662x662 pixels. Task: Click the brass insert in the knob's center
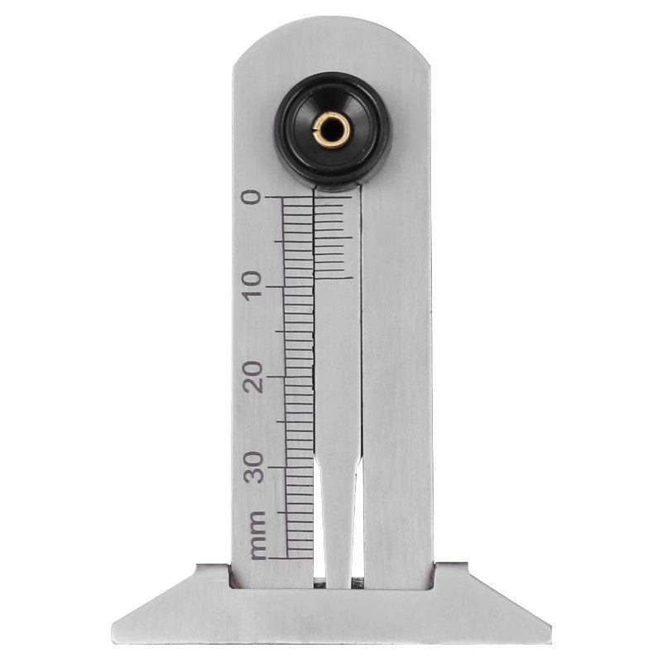pyautogui.click(x=333, y=129)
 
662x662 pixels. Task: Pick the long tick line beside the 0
pyautogui.click(x=295, y=198)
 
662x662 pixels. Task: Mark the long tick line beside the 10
pyautogui.click(x=295, y=287)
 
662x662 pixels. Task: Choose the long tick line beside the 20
pyautogui.click(x=295, y=377)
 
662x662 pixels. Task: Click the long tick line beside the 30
pyautogui.click(x=295, y=467)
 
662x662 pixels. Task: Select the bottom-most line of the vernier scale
pyautogui.click(x=334, y=279)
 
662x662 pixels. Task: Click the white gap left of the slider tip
pyautogui.click(x=319, y=563)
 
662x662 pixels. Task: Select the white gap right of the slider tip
pyautogui.click(x=357, y=563)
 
